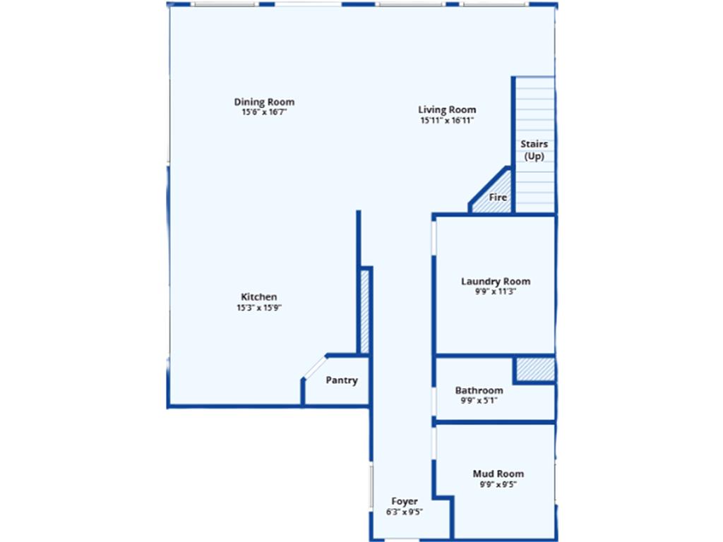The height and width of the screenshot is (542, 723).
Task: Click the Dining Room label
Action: point(264,102)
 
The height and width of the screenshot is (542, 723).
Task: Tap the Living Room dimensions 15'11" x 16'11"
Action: point(447,120)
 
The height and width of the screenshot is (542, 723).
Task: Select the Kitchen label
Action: point(259,297)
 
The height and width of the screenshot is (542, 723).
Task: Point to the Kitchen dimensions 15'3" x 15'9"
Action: point(259,308)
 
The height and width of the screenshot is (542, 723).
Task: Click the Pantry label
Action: point(342,380)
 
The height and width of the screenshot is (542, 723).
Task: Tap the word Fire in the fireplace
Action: point(498,198)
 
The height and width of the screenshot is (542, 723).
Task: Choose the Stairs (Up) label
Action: point(534,150)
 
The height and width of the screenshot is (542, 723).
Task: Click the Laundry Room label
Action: point(496,281)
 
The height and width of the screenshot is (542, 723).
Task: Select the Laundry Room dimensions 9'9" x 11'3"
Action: point(496,291)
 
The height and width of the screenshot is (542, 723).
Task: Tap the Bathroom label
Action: point(479,390)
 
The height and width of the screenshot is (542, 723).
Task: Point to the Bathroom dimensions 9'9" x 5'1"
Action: point(479,401)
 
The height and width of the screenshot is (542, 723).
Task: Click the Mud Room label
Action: point(498,474)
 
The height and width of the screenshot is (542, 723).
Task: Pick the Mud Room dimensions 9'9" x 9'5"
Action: point(498,484)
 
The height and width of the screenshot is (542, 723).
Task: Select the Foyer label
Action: point(405,501)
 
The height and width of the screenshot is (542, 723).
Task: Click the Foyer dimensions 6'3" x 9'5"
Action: point(405,512)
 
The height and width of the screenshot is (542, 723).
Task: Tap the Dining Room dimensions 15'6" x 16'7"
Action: point(264,112)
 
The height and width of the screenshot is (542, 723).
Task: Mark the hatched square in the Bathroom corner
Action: point(535,370)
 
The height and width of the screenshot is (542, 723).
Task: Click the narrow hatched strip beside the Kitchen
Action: point(365,311)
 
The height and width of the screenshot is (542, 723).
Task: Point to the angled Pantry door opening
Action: point(315,367)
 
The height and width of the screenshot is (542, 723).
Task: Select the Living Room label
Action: point(447,109)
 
